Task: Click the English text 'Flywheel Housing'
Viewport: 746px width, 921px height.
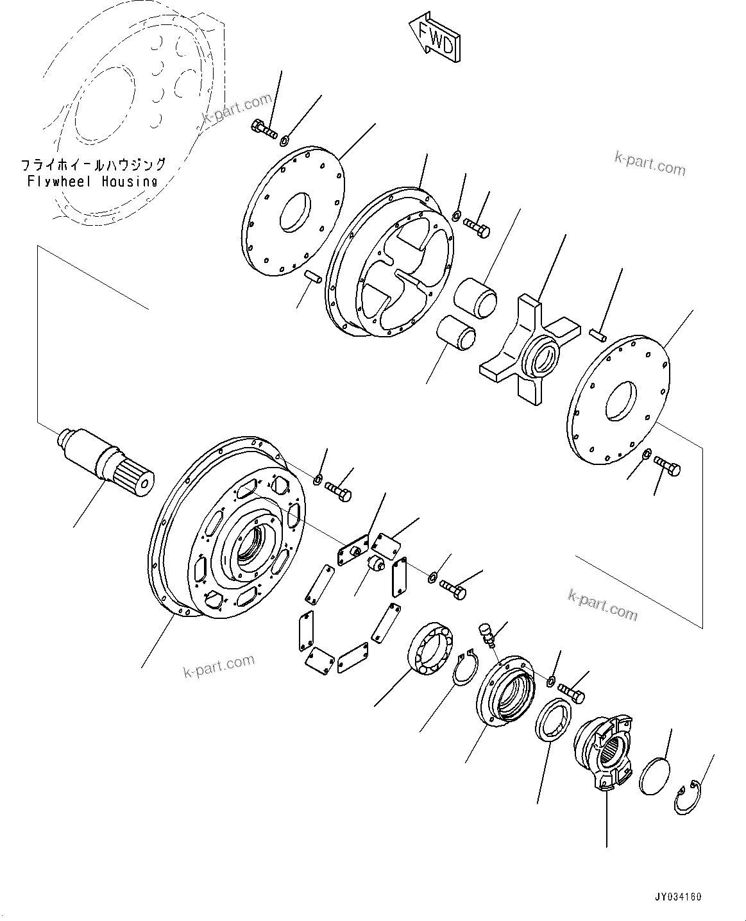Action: click(92, 182)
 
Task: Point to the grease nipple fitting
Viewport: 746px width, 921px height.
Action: click(486, 634)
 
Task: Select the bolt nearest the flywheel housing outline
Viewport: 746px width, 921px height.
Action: click(262, 129)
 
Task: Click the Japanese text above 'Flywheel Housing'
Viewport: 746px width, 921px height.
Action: click(93, 165)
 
